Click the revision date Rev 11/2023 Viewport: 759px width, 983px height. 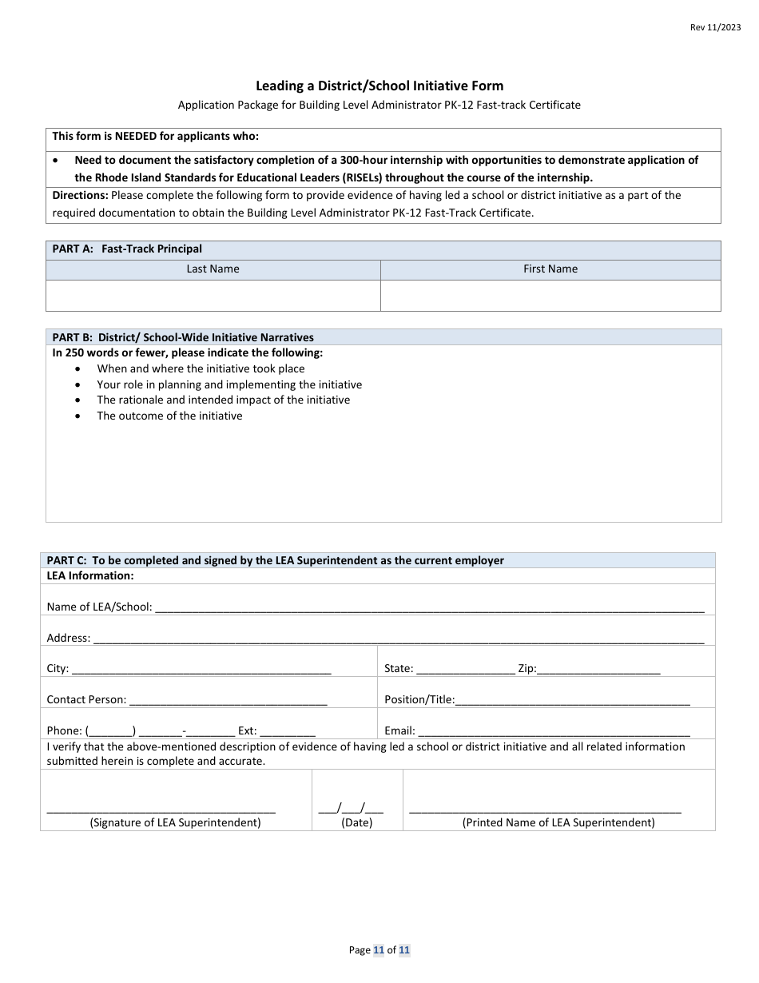[x=715, y=27]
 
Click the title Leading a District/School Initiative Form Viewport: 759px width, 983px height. [x=379, y=86]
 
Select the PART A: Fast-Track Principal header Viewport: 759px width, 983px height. [x=128, y=249]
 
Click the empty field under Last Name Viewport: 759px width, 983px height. [x=213, y=296]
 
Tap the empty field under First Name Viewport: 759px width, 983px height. [x=550, y=296]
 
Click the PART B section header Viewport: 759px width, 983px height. [x=183, y=337]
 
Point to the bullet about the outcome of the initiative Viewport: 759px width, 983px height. [x=169, y=416]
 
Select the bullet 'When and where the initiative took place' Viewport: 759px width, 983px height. [x=201, y=368]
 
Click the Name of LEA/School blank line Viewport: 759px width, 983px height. [x=430, y=607]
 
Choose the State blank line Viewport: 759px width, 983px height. [x=466, y=670]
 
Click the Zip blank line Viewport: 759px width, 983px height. [x=598, y=670]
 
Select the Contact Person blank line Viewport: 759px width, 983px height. [x=228, y=701]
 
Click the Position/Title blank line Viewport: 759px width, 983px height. [x=573, y=701]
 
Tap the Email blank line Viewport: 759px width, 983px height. [x=554, y=731]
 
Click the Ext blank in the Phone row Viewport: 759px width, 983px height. [x=288, y=731]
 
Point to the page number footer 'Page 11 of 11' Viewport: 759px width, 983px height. [x=379, y=950]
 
